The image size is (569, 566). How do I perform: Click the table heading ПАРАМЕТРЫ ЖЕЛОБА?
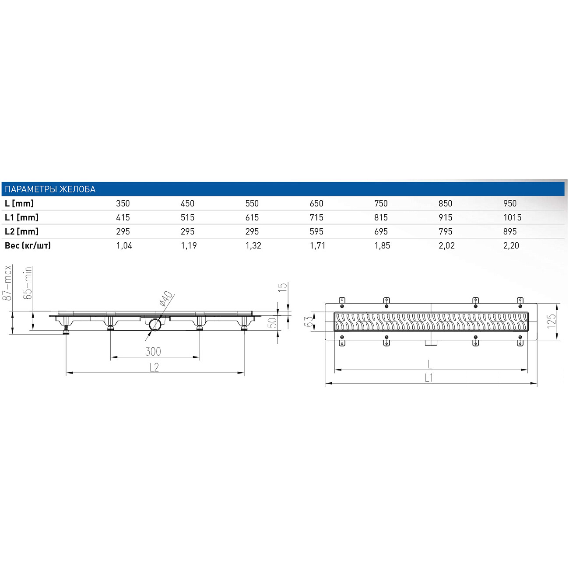coord(50,189)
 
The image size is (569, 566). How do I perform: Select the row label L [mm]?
coord(19,203)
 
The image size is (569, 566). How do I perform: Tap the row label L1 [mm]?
coord(21,217)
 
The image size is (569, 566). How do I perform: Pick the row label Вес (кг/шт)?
coord(28,245)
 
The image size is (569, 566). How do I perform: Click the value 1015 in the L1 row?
coord(512,217)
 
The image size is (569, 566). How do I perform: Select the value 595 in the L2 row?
coord(316,231)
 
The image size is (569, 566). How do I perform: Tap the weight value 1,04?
coord(124,245)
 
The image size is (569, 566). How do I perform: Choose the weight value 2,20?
coord(511,245)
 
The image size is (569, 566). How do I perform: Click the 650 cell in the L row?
coord(316,203)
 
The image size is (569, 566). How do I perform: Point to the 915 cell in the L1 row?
coord(446,217)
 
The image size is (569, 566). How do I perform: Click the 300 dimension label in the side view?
coord(153,351)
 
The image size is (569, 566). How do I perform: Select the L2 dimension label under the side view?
coord(154,367)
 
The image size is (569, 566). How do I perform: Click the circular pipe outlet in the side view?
coord(155,325)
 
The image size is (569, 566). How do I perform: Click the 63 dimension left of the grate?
coord(309,321)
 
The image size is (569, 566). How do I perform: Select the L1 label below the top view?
coord(429,378)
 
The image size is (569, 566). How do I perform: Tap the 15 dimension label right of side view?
coord(283,287)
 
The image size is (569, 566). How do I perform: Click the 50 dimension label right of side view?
coord(272,323)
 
